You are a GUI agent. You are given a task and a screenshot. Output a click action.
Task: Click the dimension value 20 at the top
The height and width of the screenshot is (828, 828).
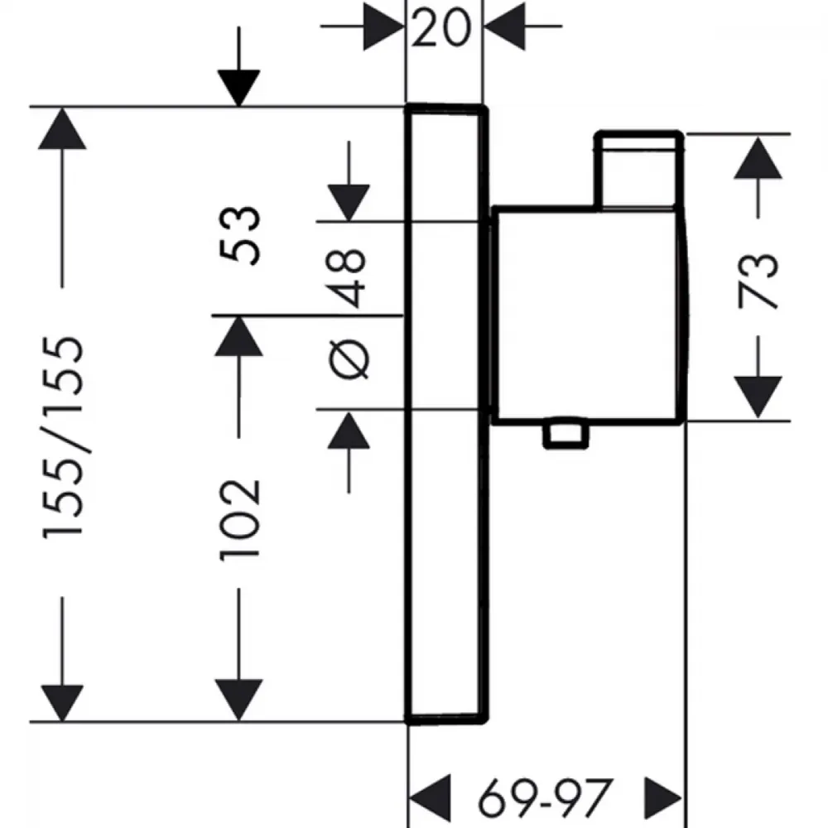pos(440,27)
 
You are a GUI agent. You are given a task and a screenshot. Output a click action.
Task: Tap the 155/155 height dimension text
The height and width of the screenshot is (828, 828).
pos(63,437)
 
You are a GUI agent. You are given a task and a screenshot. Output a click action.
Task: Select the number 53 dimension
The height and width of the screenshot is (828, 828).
pos(240,235)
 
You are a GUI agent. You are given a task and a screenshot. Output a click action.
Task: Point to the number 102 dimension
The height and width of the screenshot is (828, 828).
pos(240,520)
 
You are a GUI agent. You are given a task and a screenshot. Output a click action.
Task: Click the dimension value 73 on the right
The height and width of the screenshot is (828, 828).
pos(758,280)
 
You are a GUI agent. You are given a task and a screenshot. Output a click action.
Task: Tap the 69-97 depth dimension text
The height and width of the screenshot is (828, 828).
pos(545,797)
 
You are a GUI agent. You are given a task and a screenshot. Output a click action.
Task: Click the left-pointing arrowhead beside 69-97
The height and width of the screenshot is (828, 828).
pos(430,798)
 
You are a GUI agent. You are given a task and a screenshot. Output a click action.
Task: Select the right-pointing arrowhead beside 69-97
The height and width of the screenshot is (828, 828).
pos(664,798)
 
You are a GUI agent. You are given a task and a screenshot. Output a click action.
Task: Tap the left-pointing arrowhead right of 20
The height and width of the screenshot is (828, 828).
pos(504,26)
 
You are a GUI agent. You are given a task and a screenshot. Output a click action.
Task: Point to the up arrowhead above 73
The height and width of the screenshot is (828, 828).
pos(758,157)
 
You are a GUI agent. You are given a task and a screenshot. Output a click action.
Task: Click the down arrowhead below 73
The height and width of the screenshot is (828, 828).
pos(758,397)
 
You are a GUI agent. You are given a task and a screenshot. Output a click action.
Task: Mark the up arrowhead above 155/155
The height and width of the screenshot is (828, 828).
pos(62,128)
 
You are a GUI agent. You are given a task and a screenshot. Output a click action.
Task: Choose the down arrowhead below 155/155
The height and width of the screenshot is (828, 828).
pos(62,702)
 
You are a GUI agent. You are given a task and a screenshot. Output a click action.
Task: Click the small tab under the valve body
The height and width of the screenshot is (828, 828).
pos(566,434)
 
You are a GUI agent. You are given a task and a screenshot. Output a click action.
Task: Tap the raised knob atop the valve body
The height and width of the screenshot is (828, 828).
pos(639,170)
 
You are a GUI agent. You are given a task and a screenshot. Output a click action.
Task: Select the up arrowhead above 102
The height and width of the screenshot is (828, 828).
pos(238,336)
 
